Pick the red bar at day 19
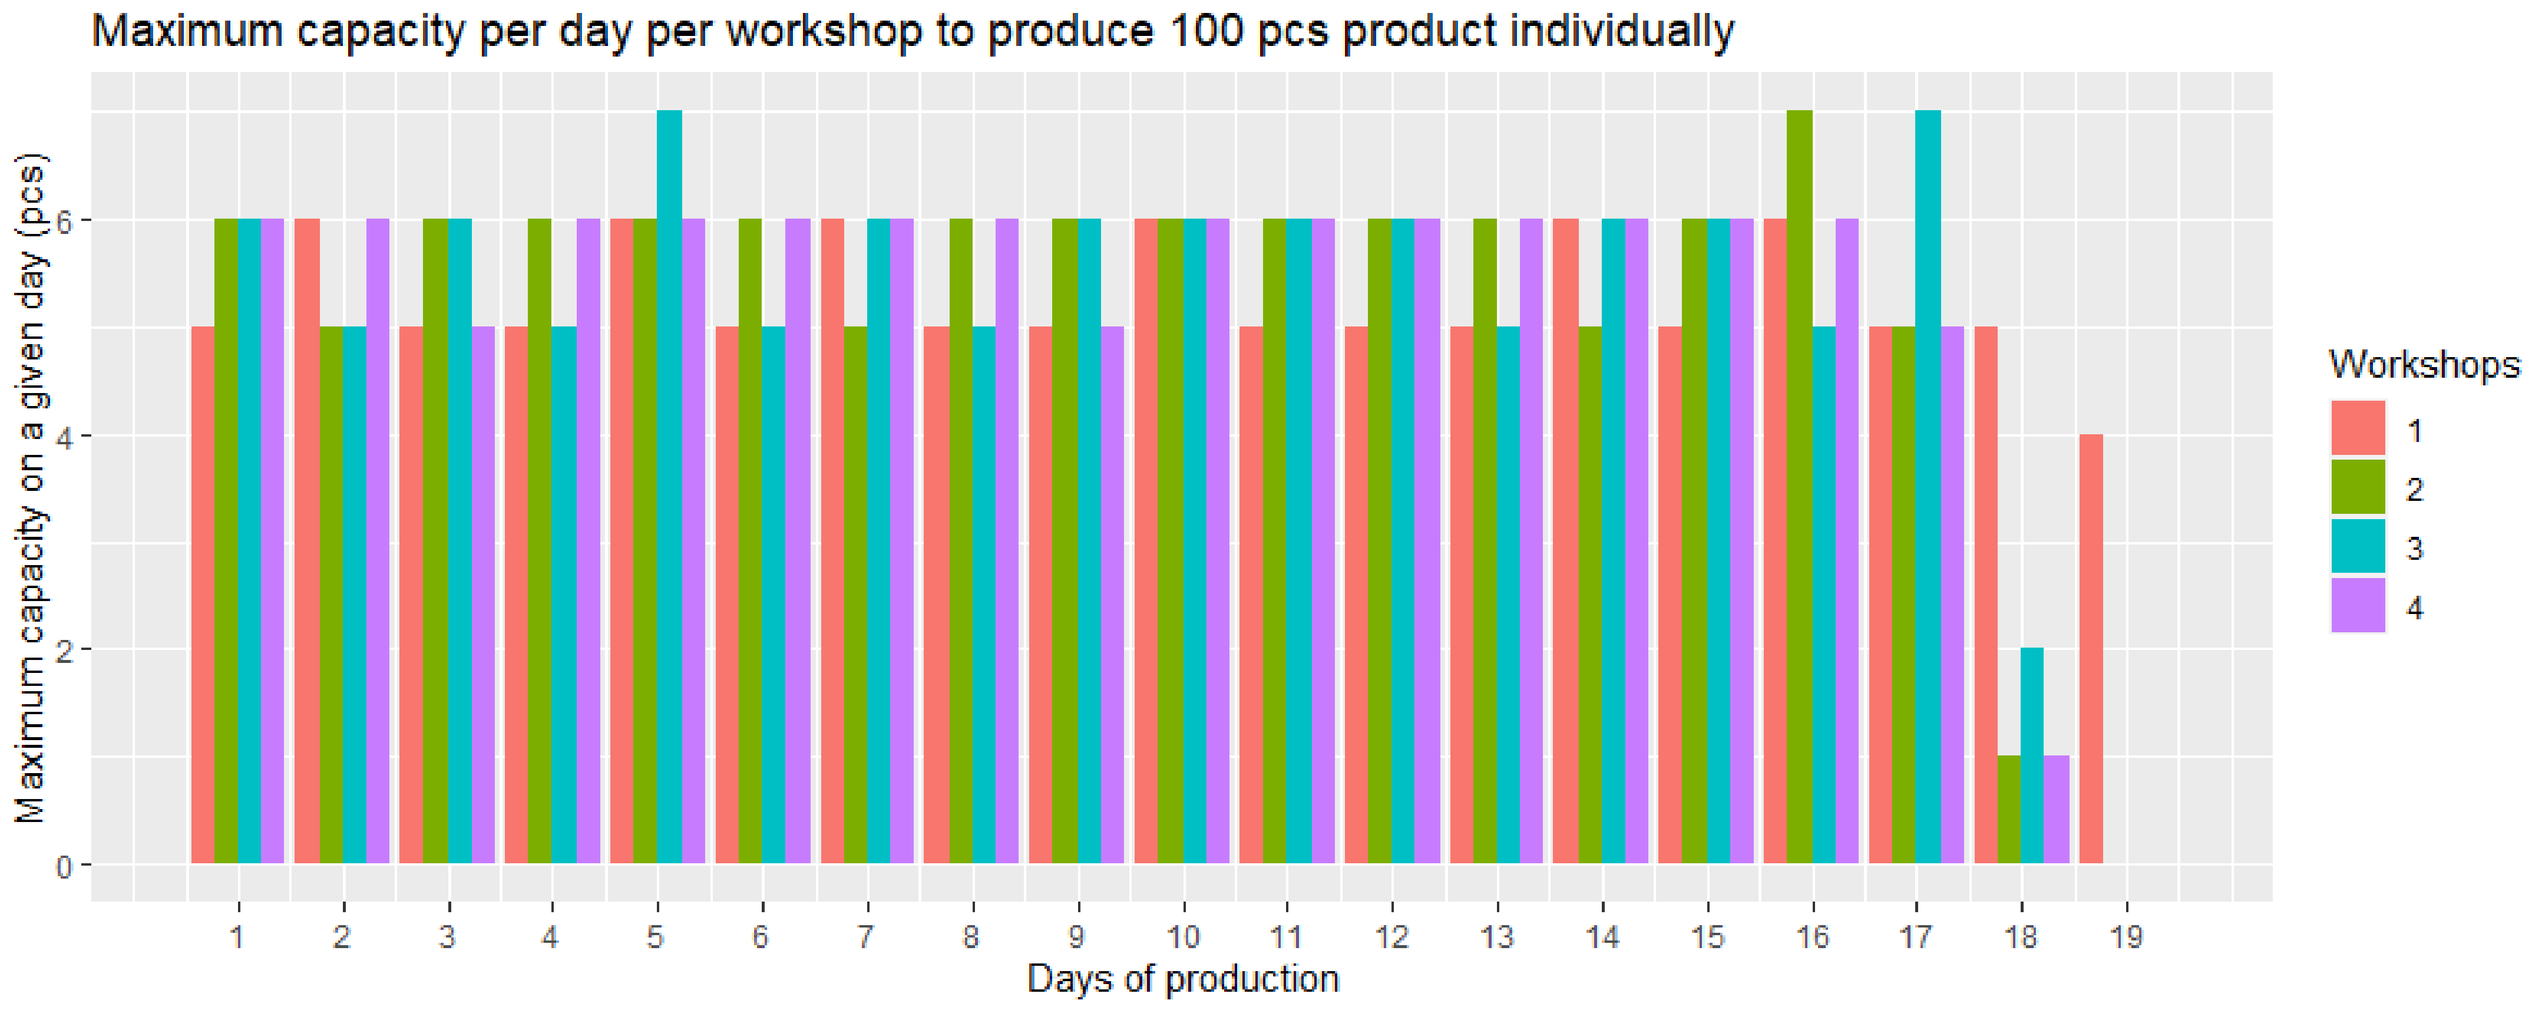[2091, 649]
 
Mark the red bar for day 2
[307, 541]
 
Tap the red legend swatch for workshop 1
[2357, 428]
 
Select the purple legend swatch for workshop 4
[2357, 605]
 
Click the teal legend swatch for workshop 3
[2357, 546]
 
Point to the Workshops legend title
[2424, 365]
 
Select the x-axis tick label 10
[1182, 936]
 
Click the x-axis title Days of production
[1182, 979]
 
